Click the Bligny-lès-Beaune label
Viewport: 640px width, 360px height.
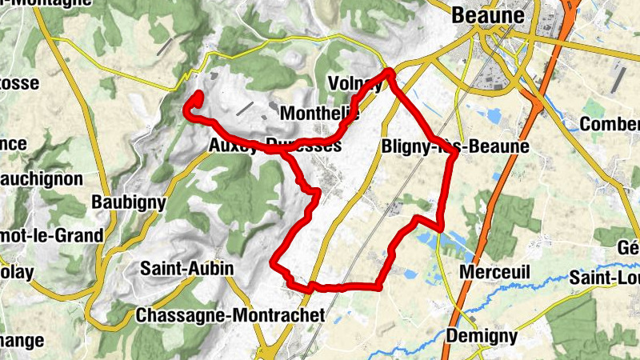[455, 147]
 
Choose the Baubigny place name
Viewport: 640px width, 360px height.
[128, 202]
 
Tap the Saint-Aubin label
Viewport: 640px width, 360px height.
[186, 269]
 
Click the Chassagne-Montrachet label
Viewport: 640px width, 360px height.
[230, 316]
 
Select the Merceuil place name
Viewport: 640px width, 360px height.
[495, 273]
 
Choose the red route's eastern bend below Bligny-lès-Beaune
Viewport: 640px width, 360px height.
[442, 218]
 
